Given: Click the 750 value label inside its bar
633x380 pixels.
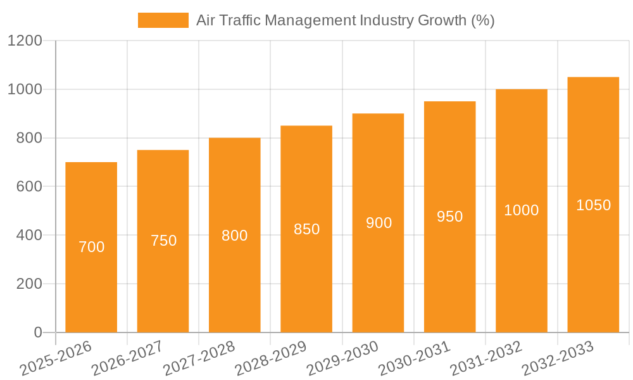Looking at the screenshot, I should [163, 241].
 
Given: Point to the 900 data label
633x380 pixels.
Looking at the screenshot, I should [379, 223].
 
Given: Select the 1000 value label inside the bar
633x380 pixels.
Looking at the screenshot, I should [521, 210].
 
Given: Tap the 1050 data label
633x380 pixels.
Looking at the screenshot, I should [593, 205].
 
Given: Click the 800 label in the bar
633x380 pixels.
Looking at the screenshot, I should [235, 236].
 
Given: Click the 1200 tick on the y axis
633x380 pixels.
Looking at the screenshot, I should [25, 41].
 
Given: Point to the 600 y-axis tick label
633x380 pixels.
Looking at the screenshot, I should [29, 187].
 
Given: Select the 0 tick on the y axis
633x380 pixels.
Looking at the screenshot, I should [37, 332].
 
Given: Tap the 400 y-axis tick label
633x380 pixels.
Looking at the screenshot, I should [29, 236].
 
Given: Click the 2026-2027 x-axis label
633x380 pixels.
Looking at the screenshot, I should [127, 358].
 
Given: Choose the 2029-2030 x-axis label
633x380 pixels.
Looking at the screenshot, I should [342, 358].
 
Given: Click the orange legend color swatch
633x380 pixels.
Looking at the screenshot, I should [163, 20].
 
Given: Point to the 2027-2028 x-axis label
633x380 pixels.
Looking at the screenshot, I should [199, 358].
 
